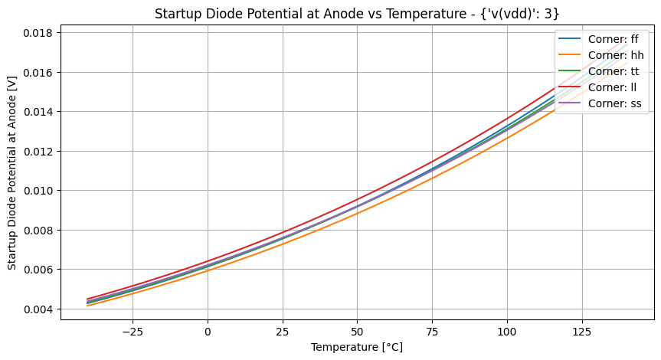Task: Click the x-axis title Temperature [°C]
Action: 357,348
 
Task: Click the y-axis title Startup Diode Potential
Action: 12,172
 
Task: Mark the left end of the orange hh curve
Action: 88,306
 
